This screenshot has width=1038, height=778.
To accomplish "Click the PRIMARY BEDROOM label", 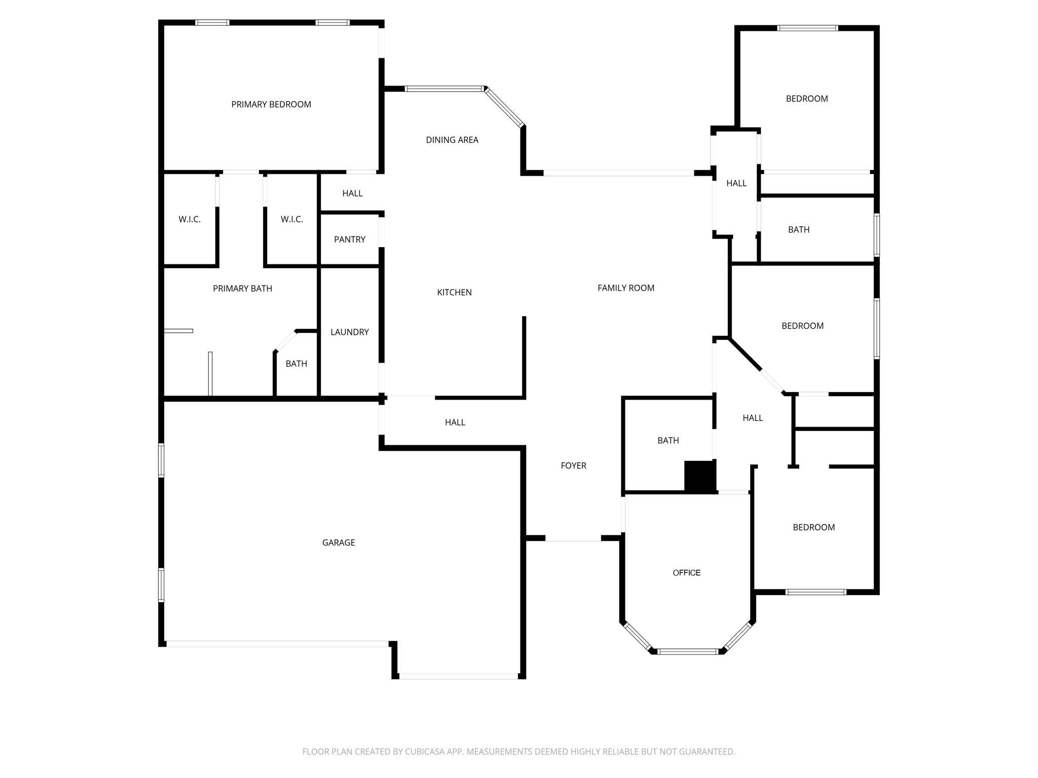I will click(271, 104).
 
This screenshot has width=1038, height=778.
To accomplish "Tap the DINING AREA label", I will click(452, 140).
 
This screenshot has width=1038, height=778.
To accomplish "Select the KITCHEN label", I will click(454, 292).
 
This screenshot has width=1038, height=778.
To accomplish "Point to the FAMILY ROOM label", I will click(626, 288).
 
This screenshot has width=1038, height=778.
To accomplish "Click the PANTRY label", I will click(350, 240).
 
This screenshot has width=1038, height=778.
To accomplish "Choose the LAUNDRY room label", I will click(350, 332).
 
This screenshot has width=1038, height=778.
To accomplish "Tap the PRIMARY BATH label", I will click(242, 288).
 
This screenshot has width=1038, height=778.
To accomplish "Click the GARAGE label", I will click(339, 542).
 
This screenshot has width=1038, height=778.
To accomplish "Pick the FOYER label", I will click(573, 465).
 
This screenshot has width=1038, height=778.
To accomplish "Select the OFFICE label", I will click(687, 573).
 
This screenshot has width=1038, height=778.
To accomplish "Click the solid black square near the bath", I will click(700, 476).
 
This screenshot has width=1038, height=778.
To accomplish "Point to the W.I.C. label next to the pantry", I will click(292, 219).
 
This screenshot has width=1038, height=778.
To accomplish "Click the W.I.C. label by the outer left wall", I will click(190, 219).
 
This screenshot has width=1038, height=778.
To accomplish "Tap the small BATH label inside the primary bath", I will click(296, 364).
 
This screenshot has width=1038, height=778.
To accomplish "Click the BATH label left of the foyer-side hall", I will click(668, 441).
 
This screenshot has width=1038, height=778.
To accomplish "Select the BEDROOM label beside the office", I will click(813, 527).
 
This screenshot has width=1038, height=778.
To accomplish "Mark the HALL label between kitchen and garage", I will click(455, 422).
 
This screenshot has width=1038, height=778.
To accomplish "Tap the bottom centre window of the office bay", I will click(688, 651).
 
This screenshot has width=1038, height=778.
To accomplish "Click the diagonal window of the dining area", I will click(505, 107).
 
